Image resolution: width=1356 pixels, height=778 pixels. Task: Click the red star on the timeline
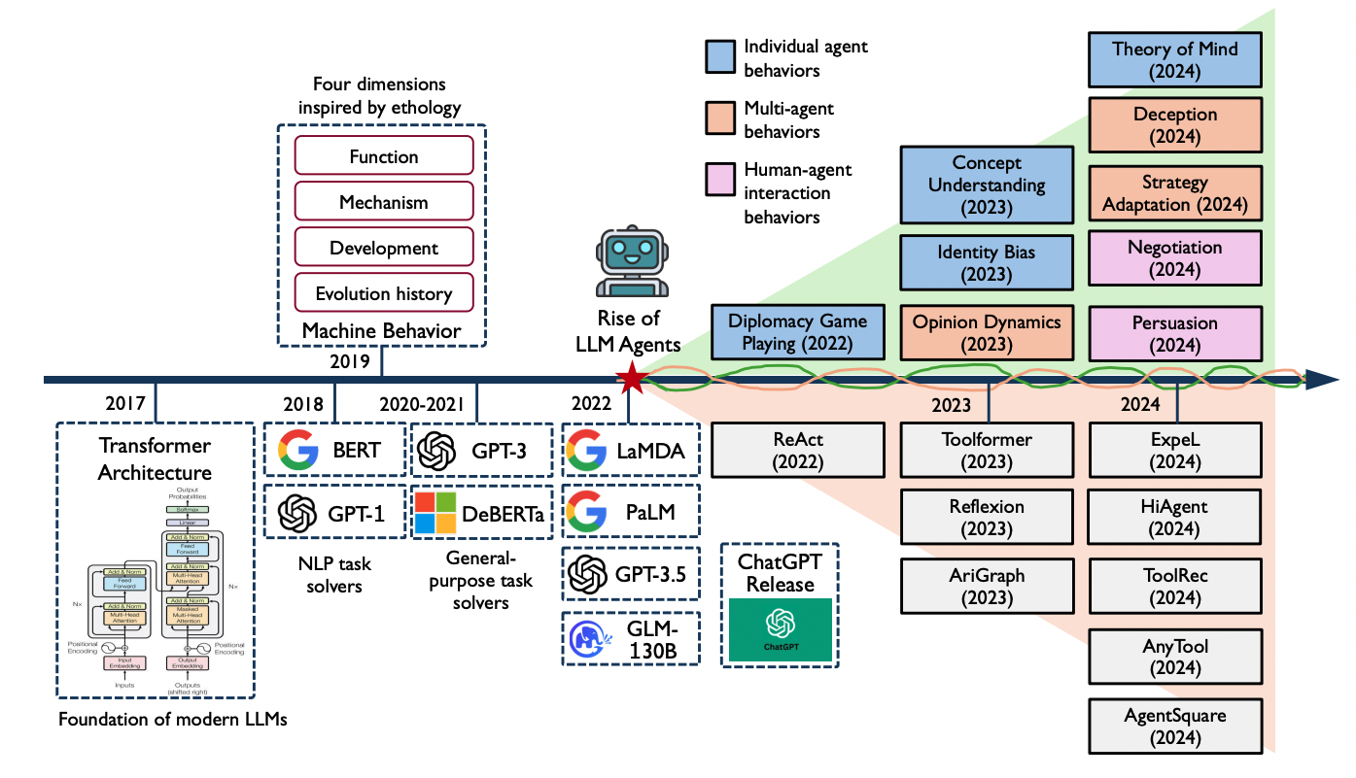coord(633,379)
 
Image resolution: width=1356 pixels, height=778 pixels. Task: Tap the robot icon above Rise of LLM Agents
coord(628,263)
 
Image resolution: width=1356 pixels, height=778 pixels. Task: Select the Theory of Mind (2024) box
coord(1174,59)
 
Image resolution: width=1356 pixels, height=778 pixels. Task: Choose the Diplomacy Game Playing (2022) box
coord(797,332)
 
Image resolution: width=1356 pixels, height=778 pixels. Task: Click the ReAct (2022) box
coord(797,452)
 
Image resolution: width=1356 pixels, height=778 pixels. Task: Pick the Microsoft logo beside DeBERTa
coord(435,514)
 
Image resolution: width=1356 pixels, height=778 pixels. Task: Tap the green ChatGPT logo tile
coord(780,630)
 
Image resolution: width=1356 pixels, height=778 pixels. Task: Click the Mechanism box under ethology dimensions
coord(383,203)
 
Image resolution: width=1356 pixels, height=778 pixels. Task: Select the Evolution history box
coord(383,292)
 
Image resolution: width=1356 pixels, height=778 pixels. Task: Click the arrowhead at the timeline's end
coord(1326,379)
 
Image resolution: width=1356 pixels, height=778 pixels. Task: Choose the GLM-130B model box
coord(631,638)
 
